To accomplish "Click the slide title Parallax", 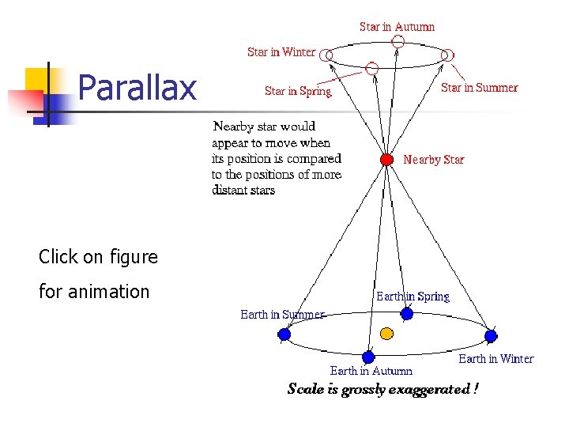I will (x=138, y=89).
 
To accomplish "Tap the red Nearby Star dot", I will (x=386, y=160).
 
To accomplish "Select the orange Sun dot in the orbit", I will (x=386, y=333).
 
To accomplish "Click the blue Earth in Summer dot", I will (x=284, y=334).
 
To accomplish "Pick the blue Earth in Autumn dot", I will (x=367, y=357).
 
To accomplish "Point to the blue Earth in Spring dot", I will (x=406, y=313).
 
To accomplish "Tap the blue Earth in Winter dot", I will (x=490, y=335).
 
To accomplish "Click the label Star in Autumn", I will (x=397, y=27).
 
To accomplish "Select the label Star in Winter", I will (x=281, y=52).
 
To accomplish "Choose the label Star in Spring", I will (x=298, y=91).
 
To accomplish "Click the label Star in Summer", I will (x=479, y=88).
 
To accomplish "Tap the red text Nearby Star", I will (x=433, y=160).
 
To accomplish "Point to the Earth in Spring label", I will (x=413, y=297).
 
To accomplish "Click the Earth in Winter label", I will (x=496, y=359).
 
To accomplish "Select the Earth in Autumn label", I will (x=371, y=371).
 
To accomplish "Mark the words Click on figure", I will (x=98, y=257).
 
